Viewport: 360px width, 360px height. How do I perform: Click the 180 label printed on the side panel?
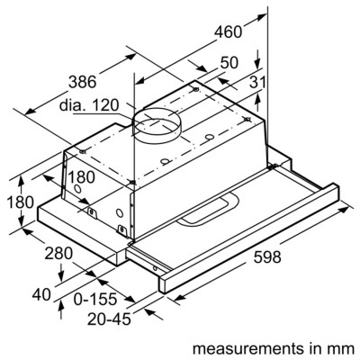point(84,176)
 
